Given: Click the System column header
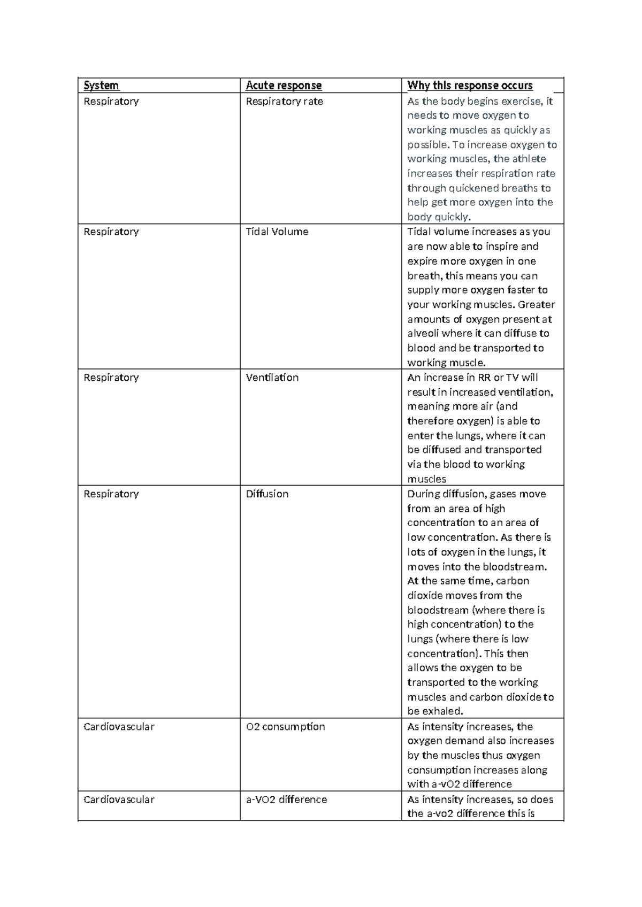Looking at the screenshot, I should pos(101,86).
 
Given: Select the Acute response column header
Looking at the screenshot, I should pos(284,86).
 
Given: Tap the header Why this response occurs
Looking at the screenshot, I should pos(470,86).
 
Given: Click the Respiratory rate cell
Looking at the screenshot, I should pos(284,102).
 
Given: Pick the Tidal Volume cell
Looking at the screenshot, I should pos(277,232).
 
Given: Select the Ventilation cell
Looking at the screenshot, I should pos(272,378).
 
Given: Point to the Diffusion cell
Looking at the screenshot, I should pos(267,494).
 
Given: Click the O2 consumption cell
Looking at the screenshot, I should pos(285,727).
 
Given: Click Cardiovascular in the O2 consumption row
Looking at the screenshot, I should pos(119,727).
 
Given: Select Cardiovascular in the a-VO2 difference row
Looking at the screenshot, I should pos(119,800).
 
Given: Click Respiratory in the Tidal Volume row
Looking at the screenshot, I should pos(111,232).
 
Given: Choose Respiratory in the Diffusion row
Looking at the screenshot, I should pos(111,494).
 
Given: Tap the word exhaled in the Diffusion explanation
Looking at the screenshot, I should pos(442,712).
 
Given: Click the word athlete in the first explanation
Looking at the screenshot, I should pos(529,159).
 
